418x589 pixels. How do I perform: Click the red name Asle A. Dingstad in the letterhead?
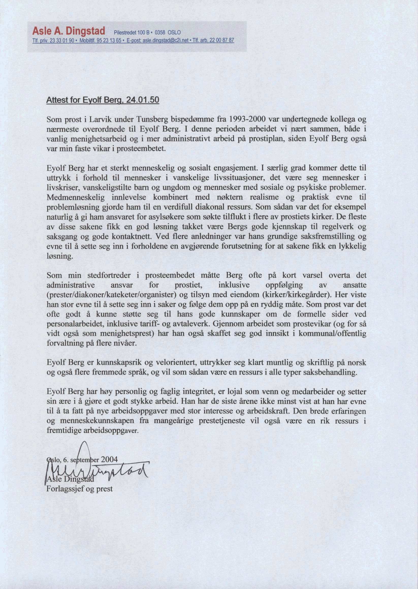coord(69,31)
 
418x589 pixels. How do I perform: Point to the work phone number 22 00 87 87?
coord(224,40)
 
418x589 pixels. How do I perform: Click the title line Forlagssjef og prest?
coord(79,489)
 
